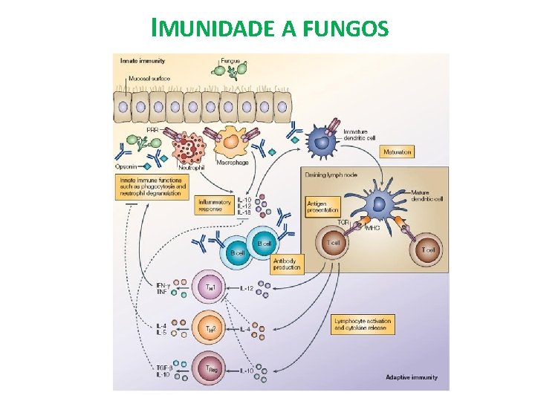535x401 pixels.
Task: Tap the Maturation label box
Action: (x=398, y=151)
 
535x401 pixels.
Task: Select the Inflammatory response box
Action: (x=214, y=205)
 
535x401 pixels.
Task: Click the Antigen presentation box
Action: (x=323, y=206)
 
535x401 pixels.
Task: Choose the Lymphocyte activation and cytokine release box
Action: (x=362, y=325)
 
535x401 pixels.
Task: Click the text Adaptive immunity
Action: (x=411, y=377)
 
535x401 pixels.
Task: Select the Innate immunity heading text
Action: (x=143, y=60)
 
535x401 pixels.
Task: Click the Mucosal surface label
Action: (x=149, y=78)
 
